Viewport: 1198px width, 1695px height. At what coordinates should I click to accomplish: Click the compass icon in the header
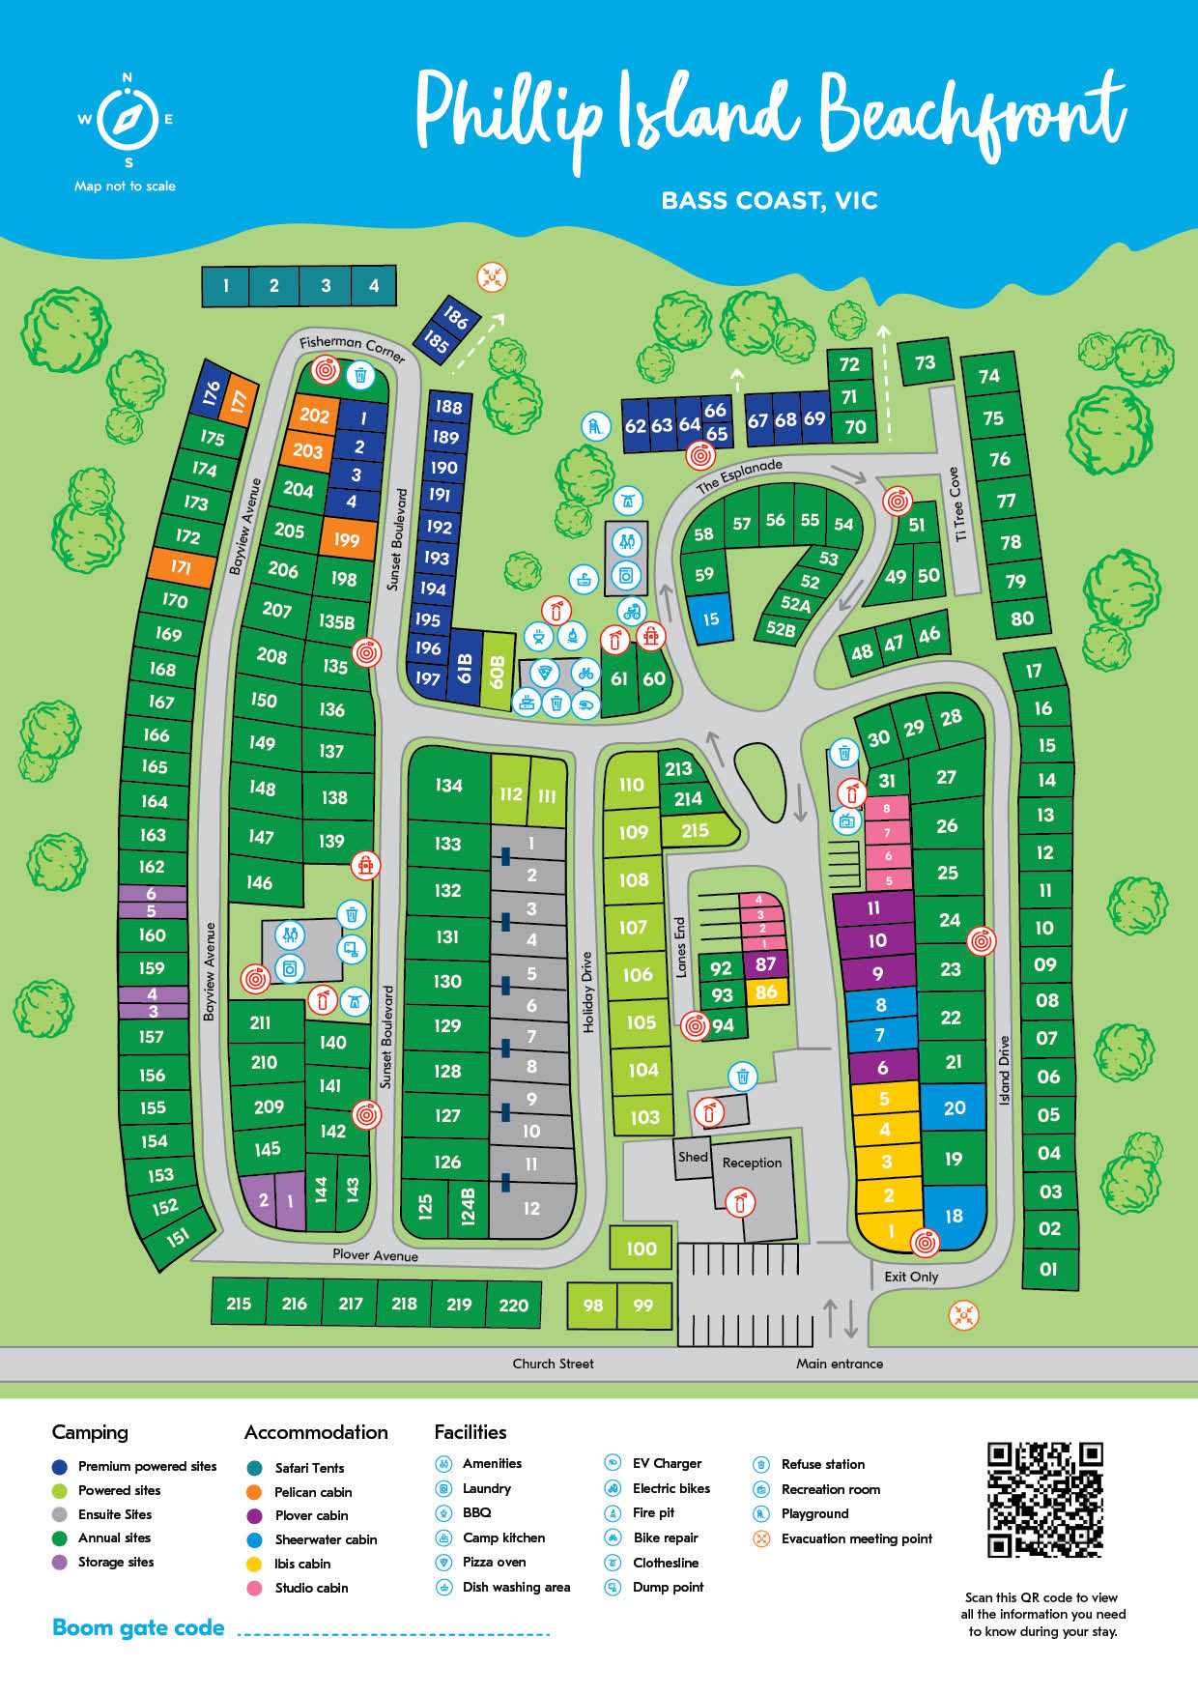click(x=128, y=119)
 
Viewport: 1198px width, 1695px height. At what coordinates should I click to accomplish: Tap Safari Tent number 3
click(x=326, y=286)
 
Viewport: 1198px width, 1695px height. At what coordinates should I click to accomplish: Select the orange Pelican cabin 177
click(x=239, y=401)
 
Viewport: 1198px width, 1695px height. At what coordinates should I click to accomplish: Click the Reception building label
click(x=752, y=1163)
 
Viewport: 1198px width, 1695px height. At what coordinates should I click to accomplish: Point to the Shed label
click(x=693, y=1157)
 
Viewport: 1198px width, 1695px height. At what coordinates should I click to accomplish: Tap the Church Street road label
click(x=553, y=1364)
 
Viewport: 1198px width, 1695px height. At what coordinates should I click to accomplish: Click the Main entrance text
click(x=839, y=1364)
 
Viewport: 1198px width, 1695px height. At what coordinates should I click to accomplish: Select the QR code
click(x=1044, y=1499)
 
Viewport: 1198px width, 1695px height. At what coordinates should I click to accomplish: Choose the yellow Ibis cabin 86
click(x=766, y=991)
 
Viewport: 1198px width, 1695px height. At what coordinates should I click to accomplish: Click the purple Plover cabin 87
click(x=766, y=963)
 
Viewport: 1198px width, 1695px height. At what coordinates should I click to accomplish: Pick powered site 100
click(x=641, y=1248)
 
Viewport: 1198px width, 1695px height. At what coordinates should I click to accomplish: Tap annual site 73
click(x=925, y=362)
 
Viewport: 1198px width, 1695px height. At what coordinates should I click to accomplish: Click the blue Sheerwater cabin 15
click(x=710, y=619)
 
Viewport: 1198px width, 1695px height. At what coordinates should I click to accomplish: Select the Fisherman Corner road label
click(x=352, y=346)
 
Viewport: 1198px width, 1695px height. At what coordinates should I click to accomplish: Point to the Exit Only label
click(x=910, y=1277)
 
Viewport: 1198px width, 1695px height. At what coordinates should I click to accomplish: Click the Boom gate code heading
click(x=138, y=1627)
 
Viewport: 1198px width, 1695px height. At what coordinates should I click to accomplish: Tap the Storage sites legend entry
click(x=115, y=1562)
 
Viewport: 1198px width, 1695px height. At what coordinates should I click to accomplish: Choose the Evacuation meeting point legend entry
click(x=856, y=1538)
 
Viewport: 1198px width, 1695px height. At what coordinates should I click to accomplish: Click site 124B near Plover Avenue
click(x=469, y=1206)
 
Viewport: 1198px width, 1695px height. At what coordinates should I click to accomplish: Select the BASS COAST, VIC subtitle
click(x=769, y=201)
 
